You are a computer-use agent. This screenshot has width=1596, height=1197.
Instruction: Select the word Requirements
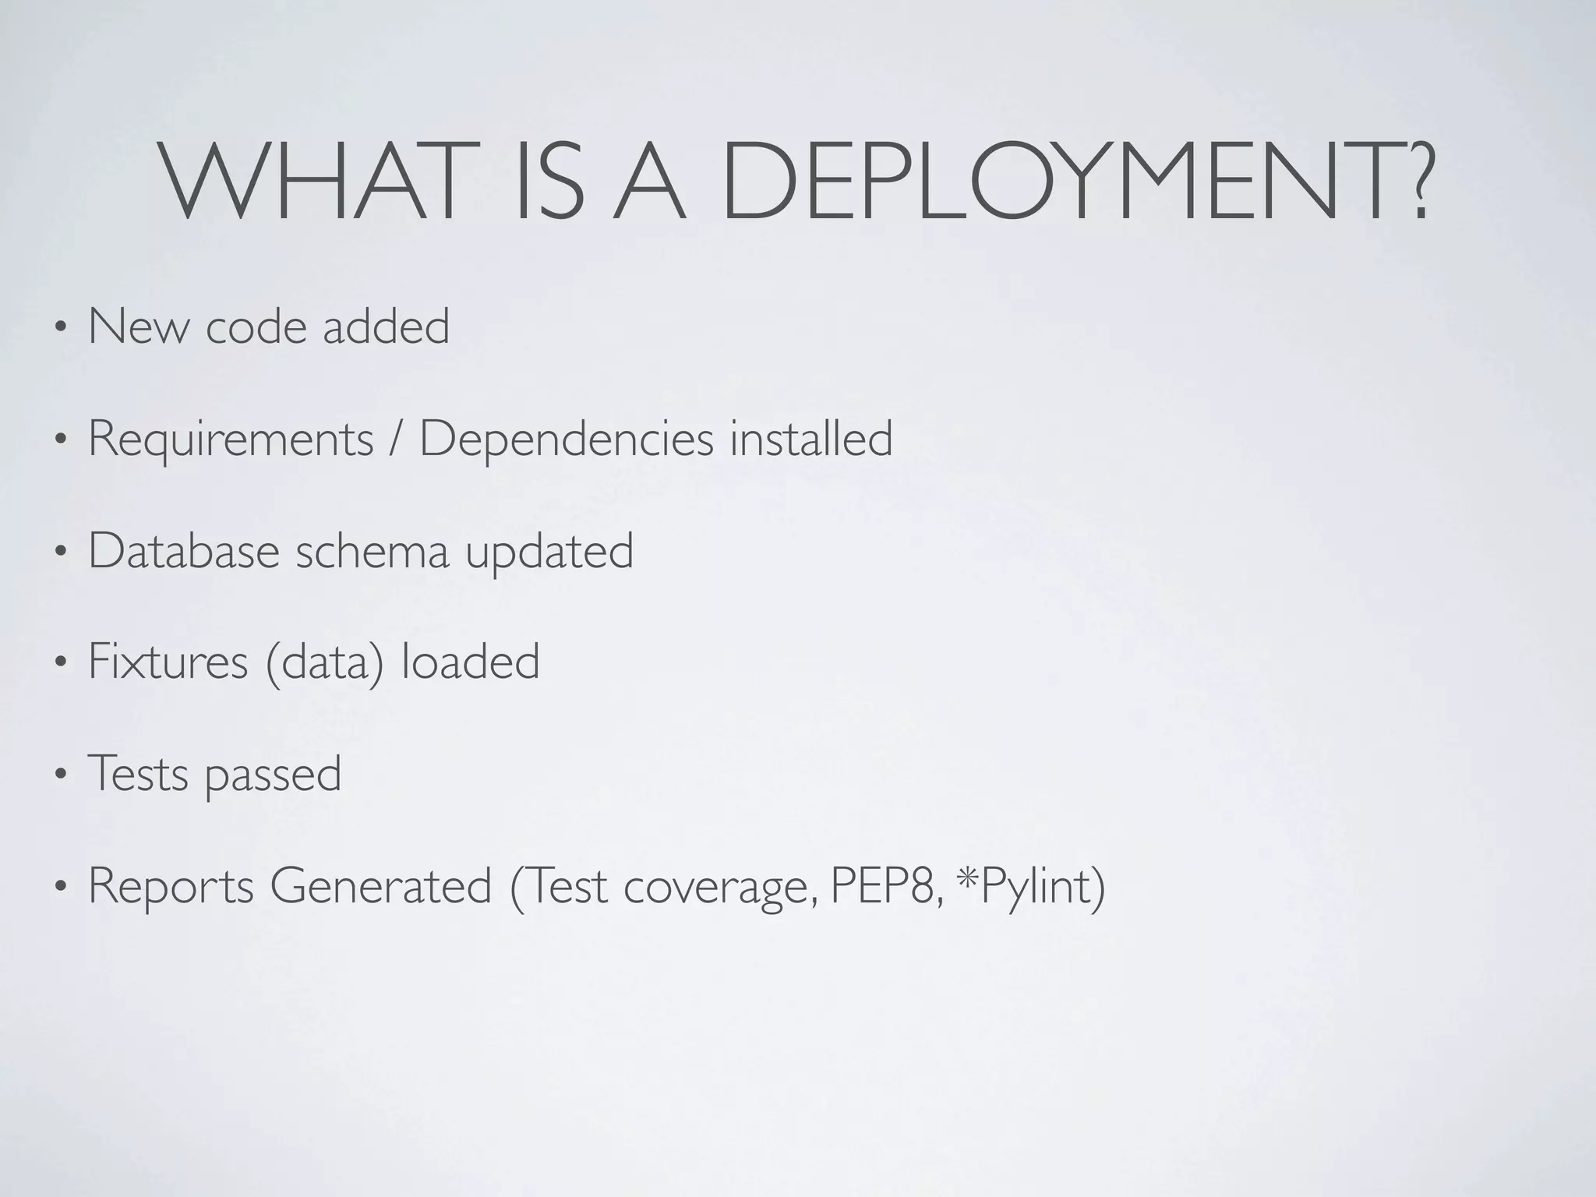pos(231,440)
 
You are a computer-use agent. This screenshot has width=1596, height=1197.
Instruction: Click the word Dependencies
pos(567,440)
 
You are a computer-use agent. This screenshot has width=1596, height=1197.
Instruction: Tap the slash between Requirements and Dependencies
pos(397,440)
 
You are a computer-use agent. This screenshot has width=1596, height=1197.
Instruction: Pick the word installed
pos(811,438)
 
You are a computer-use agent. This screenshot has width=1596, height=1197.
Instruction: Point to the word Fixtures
pos(168,662)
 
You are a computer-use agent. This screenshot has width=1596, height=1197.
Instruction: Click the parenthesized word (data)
pos(325,663)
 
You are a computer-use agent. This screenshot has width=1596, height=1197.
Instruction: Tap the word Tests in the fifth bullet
pos(138,774)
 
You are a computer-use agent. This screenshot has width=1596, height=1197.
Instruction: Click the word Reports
pos(171,886)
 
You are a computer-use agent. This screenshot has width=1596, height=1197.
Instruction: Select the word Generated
pos(381,886)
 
